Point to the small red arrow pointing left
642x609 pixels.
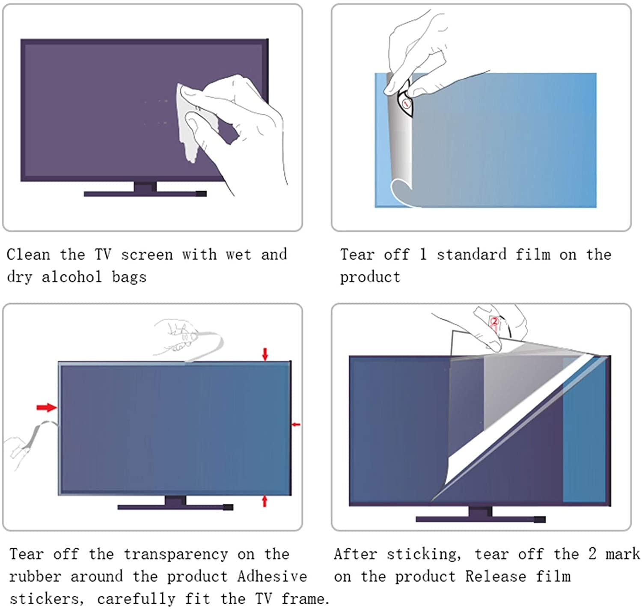pos(296,425)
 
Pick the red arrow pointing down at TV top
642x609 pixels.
pos(265,354)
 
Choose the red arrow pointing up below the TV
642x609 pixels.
pos(265,501)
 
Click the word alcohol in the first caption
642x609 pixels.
pos(71,277)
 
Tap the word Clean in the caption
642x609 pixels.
pos(28,255)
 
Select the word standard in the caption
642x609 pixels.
pos(471,255)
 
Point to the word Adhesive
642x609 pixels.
pos(272,576)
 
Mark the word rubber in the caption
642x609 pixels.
pos(35,576)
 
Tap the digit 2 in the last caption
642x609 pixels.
pos(592,554)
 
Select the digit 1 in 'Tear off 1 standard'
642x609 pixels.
pos(423,255)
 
